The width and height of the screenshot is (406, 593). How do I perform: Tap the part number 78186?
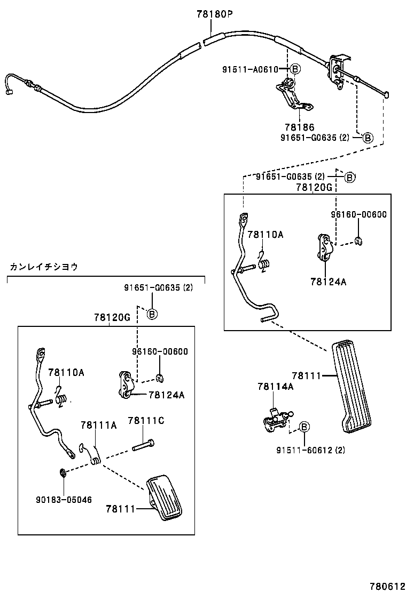299,127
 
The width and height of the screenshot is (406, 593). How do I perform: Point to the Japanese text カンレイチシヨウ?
44,267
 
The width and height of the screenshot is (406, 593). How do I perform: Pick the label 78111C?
146,421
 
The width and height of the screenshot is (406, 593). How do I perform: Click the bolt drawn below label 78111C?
144,444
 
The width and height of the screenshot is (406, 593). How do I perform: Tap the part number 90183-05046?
64,500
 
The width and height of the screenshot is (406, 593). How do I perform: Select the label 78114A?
275,387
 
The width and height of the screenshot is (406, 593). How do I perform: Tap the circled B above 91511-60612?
303,427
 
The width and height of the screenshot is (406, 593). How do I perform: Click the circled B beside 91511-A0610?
295,69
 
